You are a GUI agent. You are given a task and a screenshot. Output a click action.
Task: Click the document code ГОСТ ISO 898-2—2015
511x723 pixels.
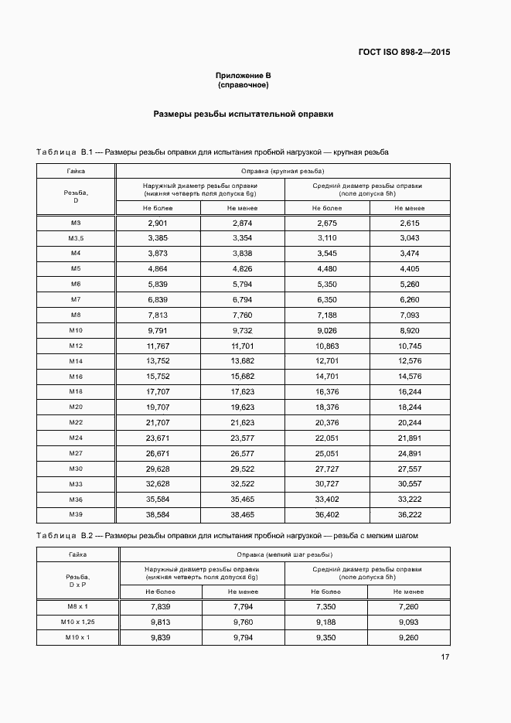coord(404,53)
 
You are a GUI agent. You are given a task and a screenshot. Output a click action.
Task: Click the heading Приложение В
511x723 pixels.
coord(243,76)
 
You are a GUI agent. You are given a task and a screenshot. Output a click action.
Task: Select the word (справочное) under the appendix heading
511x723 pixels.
coord(243,85)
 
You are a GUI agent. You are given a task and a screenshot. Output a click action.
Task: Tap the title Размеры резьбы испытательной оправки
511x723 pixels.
coord(243,114)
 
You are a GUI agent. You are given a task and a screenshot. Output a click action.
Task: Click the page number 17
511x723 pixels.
coord(445,657)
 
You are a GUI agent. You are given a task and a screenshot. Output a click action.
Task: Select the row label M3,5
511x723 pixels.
coord(76,238)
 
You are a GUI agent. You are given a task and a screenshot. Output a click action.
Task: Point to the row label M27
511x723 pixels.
coord(76,453)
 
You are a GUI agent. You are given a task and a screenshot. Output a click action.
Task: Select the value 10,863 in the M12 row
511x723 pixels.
coord(328,346)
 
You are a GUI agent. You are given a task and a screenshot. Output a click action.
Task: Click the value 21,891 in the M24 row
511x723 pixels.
coord(410,438)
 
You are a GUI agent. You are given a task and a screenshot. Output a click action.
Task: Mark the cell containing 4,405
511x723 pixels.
coord(410,269)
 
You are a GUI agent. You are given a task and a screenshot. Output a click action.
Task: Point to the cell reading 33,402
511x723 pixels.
coord(328,499)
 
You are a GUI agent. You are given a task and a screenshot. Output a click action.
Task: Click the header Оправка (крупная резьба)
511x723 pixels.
coord(282,171)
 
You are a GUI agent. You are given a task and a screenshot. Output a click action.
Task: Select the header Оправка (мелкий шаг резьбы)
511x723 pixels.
coord(282,554)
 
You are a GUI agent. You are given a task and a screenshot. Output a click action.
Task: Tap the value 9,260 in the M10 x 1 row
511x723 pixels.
coord(410,637)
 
